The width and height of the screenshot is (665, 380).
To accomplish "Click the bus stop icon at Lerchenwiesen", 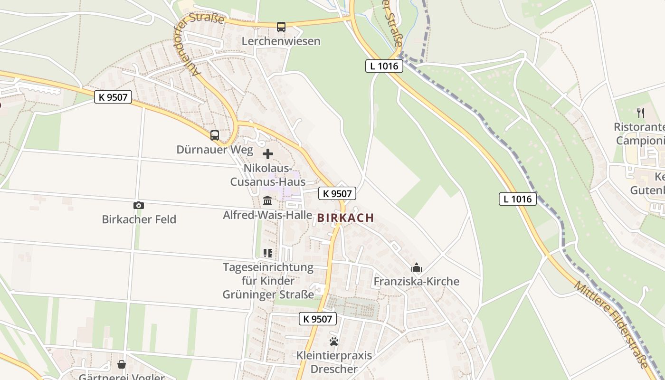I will pyautogui.click(x=281, y=27).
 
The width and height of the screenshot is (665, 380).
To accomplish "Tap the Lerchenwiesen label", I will pyautogui.click(x=281, y=41).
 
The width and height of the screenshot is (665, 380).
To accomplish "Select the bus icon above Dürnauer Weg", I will pyautogui.click(x=215, y=135).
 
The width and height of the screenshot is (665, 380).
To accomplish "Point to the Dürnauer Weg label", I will pyautogui.click(x=209, y=150).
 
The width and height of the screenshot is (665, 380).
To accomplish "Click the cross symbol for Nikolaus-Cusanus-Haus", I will pyautogui.click(x=268, y=154).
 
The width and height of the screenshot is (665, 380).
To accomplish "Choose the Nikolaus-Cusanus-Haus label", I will pyautogui.click(x=268, y=175).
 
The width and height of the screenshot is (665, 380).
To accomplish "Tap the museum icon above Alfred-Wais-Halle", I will pyautogui.click(x=267, y=201).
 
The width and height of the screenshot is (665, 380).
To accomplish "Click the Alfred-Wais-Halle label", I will pyautogui.click(x=267, y=215).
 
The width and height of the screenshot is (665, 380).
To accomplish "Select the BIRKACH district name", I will pyautogui.click(x=345, y=218).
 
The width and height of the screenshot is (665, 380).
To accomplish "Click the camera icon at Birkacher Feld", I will pyautogui.click(x=139, y=206).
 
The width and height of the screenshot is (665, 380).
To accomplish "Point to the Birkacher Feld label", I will pyautogui.click(x=139, y=219).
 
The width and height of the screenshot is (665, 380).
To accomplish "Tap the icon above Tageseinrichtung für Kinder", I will pyautogui.click(x=268, y=253).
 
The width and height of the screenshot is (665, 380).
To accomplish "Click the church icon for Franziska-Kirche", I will pyautogui.click(x=417, y=267).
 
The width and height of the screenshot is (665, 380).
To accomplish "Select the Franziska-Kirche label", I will pyautogui.click(x=417, y=282).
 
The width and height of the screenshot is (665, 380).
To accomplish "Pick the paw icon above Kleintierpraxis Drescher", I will pyautogui.click(x=334, y=342).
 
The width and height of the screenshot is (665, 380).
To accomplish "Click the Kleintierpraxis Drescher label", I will pyautogui.click(x=334, y=362).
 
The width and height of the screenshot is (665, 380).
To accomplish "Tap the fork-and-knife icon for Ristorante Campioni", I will pyautogui.click(x=641, y=113).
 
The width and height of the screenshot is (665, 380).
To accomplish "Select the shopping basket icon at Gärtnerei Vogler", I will pyautogui.click(x=122, y=364).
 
